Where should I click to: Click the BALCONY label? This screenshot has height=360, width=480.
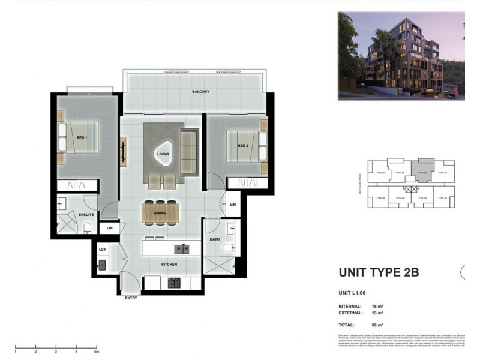(200, 92)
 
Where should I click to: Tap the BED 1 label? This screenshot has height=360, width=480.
(81, 137)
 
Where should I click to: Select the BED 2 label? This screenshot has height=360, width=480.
(243, 145)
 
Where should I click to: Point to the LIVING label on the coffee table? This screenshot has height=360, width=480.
(163, 154)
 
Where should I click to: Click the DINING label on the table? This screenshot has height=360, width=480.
(160, 212)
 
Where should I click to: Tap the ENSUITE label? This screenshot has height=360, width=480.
(76, 214)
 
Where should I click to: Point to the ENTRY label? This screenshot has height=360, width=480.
(131, 298)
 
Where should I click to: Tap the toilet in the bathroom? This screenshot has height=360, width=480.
(229, 248)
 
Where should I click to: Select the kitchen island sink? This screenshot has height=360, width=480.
(181, 248)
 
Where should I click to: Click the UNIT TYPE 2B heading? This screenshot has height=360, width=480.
(379, 272)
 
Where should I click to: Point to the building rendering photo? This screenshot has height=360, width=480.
(401, 55)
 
